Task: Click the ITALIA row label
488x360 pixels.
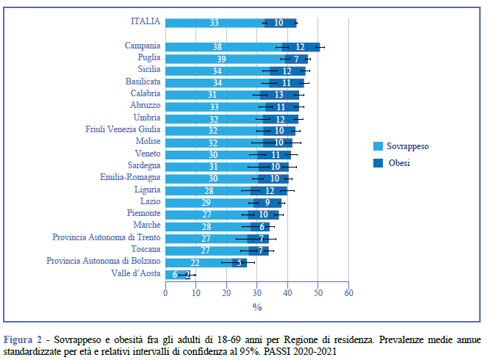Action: click(145, 22)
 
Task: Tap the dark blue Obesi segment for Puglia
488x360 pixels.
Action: click(295, 59)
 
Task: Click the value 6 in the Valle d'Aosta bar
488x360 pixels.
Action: click(174, 275)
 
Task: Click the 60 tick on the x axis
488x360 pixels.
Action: click(348, 292)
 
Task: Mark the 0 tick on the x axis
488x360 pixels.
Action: click(165, 292)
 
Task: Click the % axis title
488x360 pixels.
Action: click(257, 307)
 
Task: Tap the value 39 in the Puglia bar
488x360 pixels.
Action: click(221, 59)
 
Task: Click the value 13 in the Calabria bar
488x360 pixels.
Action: click(279, 95)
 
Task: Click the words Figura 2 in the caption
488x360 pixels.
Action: click(23, 340)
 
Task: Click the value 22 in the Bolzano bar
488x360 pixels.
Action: click(195, 262)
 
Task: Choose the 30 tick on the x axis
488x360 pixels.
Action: click(257, 292)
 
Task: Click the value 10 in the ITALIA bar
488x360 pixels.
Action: click(279, 23)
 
